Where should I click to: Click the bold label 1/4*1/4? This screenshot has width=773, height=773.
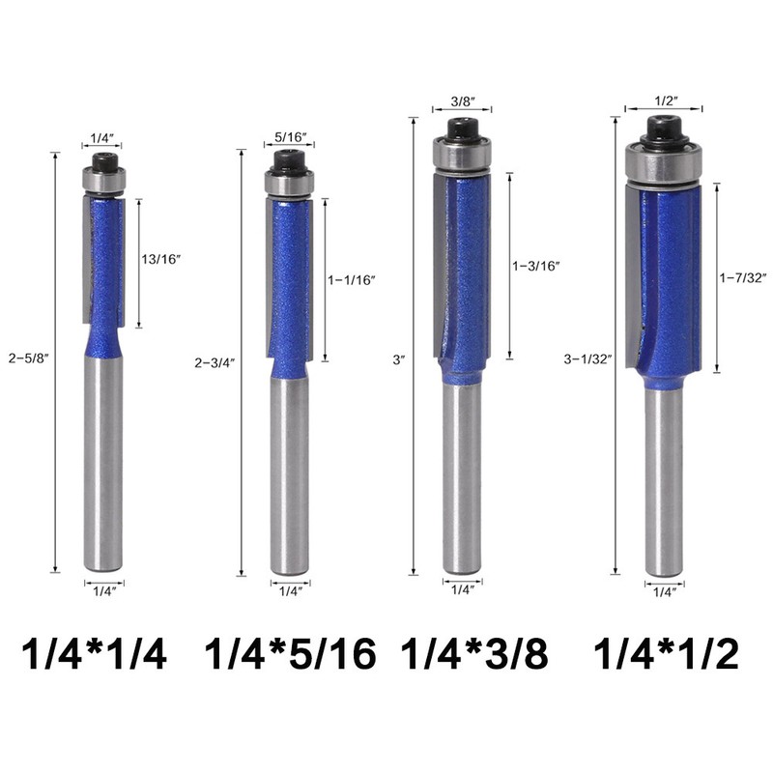pos(94,654)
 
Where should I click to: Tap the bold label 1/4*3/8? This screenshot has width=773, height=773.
pos(475,654)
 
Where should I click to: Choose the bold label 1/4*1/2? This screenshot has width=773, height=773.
pos(666,654)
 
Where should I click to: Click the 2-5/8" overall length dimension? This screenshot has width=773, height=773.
pos(26,357)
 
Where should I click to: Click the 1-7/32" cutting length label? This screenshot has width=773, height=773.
pos(742,278)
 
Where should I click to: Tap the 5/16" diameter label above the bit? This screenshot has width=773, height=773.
pos(289,138)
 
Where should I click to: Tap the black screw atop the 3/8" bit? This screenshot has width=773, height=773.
pos(462,129)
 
